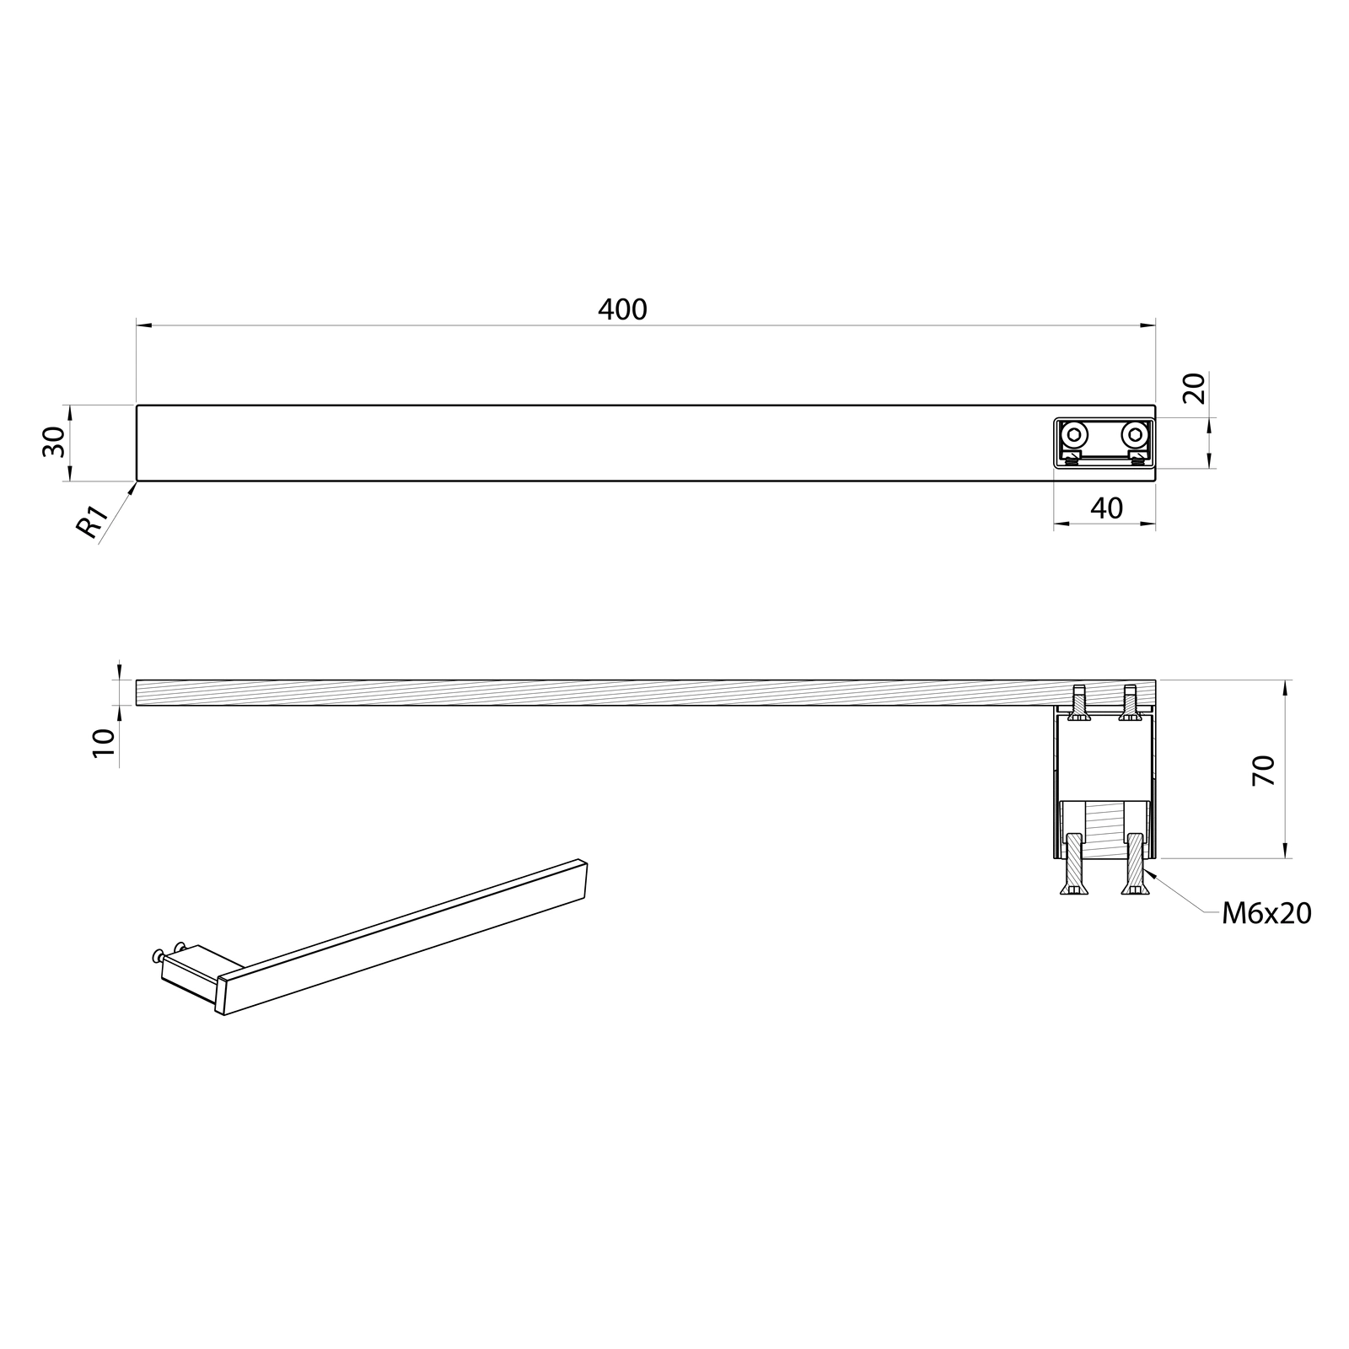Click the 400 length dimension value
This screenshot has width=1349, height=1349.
coord(622,309)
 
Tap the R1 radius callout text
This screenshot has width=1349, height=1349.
coord(91,522)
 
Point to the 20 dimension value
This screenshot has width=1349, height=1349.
coord(1195,388)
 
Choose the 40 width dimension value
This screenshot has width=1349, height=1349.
coord(1106,508)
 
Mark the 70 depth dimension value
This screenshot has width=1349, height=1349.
coord(1264,771)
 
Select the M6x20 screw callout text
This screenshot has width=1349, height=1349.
coord(1266,913)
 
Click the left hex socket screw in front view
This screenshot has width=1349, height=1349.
coord(1073,435)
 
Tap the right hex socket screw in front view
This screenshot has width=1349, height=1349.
coord(1135,435)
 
